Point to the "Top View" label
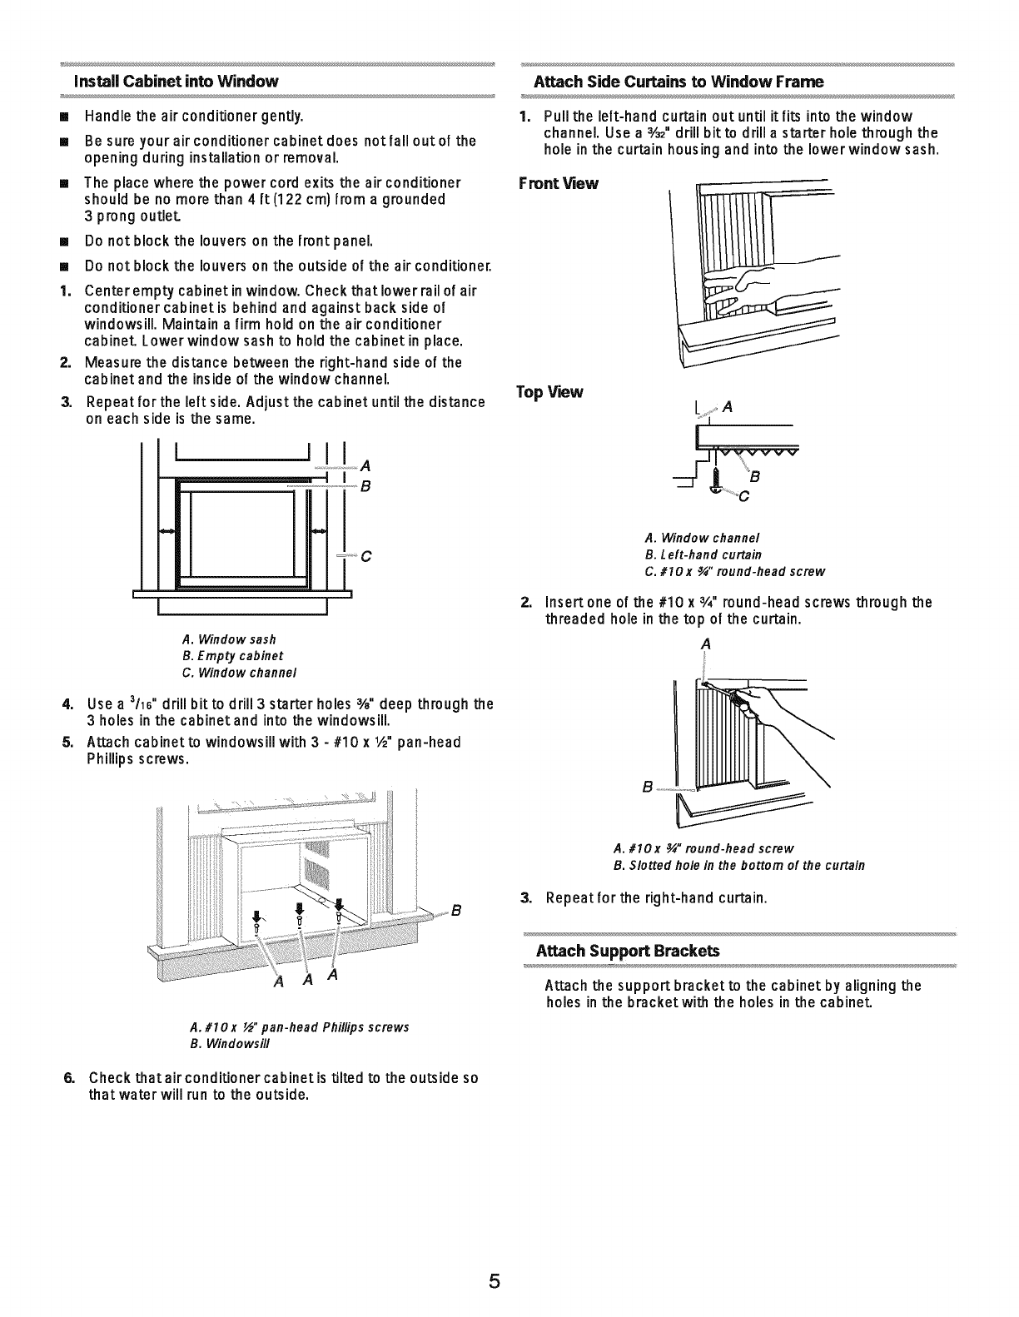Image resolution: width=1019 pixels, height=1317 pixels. click(549, 392)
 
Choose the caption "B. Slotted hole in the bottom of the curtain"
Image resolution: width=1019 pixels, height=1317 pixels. click(738, 866)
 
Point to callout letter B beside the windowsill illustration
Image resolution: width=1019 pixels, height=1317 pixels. click(455, 908)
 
